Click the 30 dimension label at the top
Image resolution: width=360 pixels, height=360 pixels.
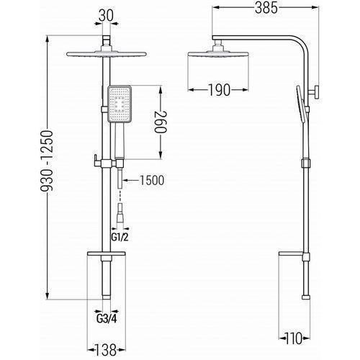pyautogui.click(x=106, y=17)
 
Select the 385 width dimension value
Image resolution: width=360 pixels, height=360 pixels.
pyautogui.click(x=266, y=9)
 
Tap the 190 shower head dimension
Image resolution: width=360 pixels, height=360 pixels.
pyautogui.click(x=219, y=90)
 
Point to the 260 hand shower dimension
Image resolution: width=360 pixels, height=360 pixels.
pyautogui.click(x=161, y=122)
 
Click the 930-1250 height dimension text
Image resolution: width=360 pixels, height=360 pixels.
pyautogui.click(x=46, y=161)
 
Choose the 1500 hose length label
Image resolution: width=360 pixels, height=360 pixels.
pyautogui.click(x=152, y=180)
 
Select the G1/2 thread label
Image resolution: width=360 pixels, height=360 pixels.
pyautogui.click(x=120, y=237)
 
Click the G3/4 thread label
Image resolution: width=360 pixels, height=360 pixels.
pyautogui.click(x=107, y=319)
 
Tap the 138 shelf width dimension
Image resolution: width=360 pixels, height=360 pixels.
pyautogui.click(x=106, y=350)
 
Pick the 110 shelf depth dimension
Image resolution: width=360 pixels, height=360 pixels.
pyautogui.click(x=294, y=338)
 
